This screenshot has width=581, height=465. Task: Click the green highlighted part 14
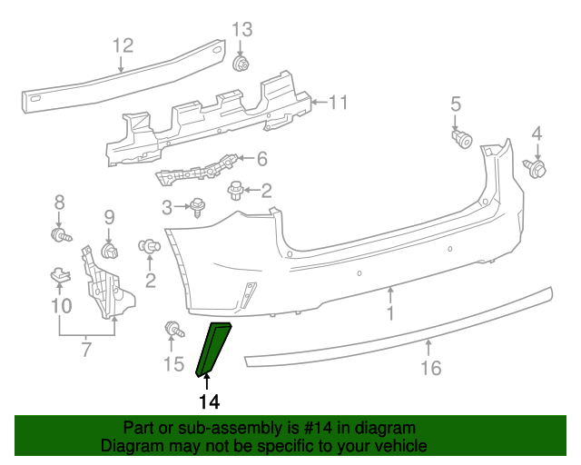tap(213, 349)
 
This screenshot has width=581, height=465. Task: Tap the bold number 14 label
tap(210, 401)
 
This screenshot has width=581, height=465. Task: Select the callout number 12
tap(123, 45)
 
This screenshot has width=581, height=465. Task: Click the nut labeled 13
tap(241, 64)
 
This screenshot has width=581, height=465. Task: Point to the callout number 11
tap(339, 103)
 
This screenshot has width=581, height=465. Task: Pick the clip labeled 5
tap(462, 138)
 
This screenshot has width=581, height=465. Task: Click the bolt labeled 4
tap(535, 168)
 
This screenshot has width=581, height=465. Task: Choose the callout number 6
tap(262, 159)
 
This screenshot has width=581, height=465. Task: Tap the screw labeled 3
tap(198, 207)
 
